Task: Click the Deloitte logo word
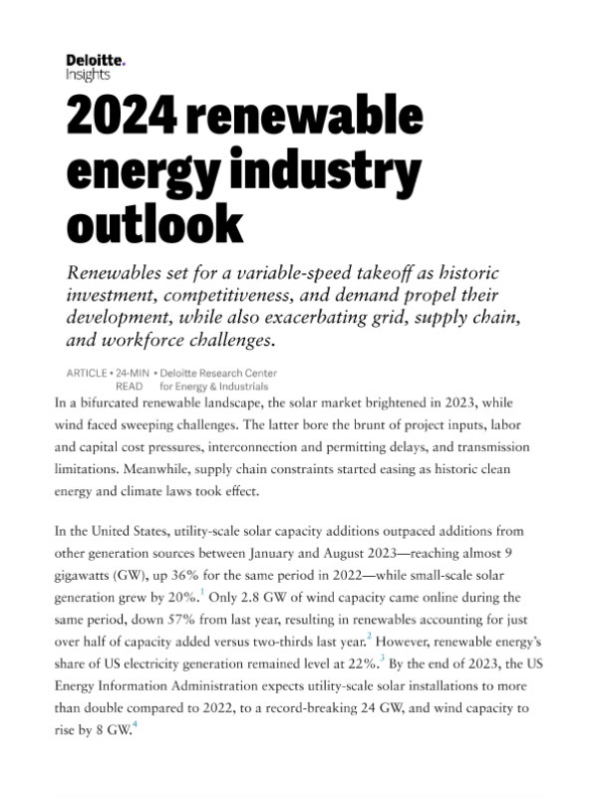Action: [x=95, y=61]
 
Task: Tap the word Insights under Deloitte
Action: [x=88, y=75]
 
